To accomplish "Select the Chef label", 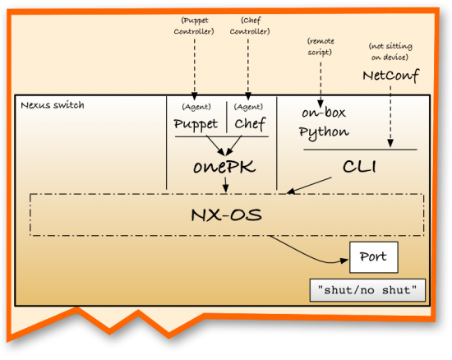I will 250,124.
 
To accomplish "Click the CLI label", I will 358,167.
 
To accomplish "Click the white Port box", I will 374,257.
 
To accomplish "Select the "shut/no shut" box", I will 367,290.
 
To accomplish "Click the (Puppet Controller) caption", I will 194,25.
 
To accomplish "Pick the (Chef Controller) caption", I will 249,25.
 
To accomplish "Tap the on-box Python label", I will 323,124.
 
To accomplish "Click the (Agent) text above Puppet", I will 196,106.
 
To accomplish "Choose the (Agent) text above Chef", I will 249,106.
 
